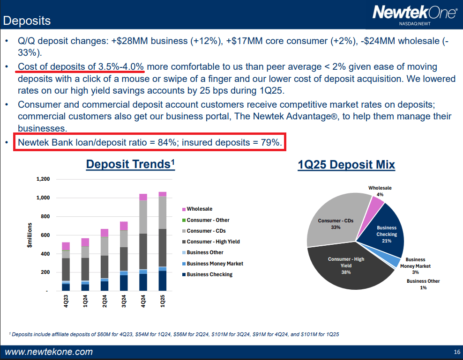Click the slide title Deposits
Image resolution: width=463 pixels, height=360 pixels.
(27, 21)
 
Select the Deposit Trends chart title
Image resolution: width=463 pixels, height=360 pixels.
(130, 164)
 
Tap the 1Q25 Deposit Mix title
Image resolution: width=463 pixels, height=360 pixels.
(346, 165)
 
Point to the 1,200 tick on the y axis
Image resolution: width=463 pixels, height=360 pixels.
(43, 179)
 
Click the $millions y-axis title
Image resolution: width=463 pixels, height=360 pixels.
(30, 235)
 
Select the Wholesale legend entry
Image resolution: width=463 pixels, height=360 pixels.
(199, 209)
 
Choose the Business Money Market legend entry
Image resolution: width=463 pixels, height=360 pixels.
(215, 264)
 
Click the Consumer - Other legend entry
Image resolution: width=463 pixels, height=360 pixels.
(208, 220)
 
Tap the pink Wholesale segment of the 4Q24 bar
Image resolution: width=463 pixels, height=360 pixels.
(143, 197)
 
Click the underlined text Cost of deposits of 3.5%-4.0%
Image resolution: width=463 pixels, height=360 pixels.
(81, 66)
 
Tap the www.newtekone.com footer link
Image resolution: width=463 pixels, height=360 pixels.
(49, 352)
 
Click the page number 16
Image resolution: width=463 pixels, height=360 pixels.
(457, 352)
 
